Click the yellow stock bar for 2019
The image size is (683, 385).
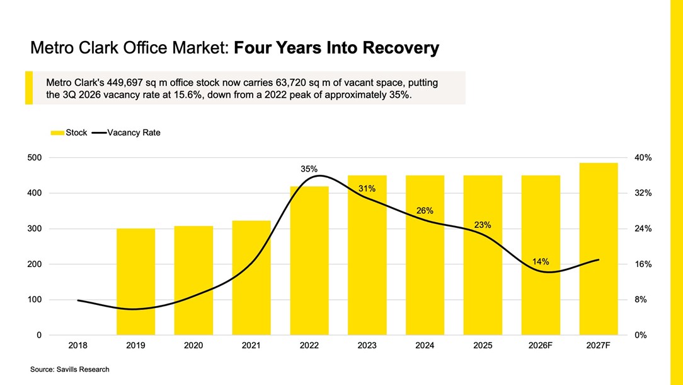(x=135, y=281)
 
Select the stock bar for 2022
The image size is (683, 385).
(x=309, y=261)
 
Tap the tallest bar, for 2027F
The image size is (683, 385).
(x=599, y=249)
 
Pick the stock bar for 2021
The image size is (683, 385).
(x=251, y=278)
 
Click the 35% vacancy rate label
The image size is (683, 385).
(x=309, y=169)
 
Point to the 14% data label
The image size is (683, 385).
(x=541, y=261)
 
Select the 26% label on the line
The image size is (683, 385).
(x=425, y=210)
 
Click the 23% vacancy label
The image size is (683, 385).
(x=483, y=225)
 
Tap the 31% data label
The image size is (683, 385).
(x=367, y=189)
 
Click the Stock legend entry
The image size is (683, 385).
(x=69, y=133)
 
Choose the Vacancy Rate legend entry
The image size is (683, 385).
(x=126, y=133)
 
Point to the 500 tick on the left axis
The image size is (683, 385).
(x=35, y=158)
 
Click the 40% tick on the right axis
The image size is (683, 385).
(x=643, y=158)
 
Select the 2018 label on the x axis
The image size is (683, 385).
(x=77, y=345)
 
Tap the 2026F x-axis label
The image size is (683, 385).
(x=541, y=345)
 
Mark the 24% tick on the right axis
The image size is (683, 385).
(x=643, y=228)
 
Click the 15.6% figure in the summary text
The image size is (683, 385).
(x=188, y=95)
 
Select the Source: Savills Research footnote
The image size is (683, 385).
(x=70, y=369)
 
